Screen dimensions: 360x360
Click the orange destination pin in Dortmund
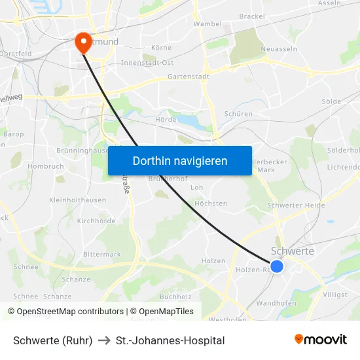pyautogui.click(x=84, y=43)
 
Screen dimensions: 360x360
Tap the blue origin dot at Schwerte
pyautogui.click(x=277, y=266)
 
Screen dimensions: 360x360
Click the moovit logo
pyautogui.click(x=321, y=340)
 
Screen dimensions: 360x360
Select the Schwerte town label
pyautogui.click(x=292, y=251)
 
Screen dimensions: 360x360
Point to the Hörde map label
pyautogui.click(x=166, y=120)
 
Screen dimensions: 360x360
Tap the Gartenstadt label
pyautogui.click(x=189, y=77)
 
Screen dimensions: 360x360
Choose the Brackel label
pyautogui.click(x=252, y=16)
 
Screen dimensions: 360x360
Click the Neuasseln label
pyautogui.click(x=279, y=48)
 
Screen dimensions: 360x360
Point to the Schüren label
pyautogui.click(x=238, y=114)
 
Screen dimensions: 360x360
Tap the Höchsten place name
pyautogui.click(x=211, y=204)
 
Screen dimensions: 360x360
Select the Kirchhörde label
pyautogui.click(x=96, y=221)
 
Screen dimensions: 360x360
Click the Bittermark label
pyautogui.click(x=101, y=254)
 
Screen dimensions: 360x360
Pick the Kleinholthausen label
pyautogui.click(x=77, y=200)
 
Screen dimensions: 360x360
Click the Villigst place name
pyautogui.click(x=335, y=295)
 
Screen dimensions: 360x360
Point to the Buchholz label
pyautogui.click(x=175, y=297)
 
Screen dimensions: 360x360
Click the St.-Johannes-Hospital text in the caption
pyautogui.click(x=170, y=340)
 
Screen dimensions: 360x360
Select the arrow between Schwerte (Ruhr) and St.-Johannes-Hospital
pyautogui.click(x=104, y=340)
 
